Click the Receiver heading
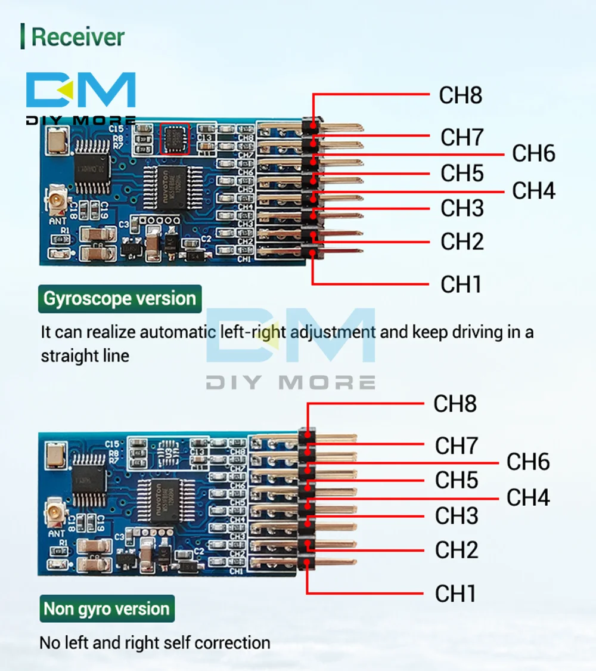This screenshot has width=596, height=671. pos(77,37)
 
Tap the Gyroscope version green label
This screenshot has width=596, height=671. pos(120,299)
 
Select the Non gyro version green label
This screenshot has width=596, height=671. pos(107,609)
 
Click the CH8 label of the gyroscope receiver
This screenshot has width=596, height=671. pos(460,95)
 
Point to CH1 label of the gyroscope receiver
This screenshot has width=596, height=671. pos(461,285)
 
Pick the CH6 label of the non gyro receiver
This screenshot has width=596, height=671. pos(528,462)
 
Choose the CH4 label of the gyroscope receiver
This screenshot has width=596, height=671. pos(533,191)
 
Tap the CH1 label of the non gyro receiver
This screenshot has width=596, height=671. pos(456,593)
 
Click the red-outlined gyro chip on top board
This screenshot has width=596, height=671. pos(175,140)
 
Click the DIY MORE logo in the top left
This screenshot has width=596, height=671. pos(80,98)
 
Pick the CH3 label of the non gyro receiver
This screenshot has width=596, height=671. pos(457,516)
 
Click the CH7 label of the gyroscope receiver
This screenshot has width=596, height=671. pos(461,137)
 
